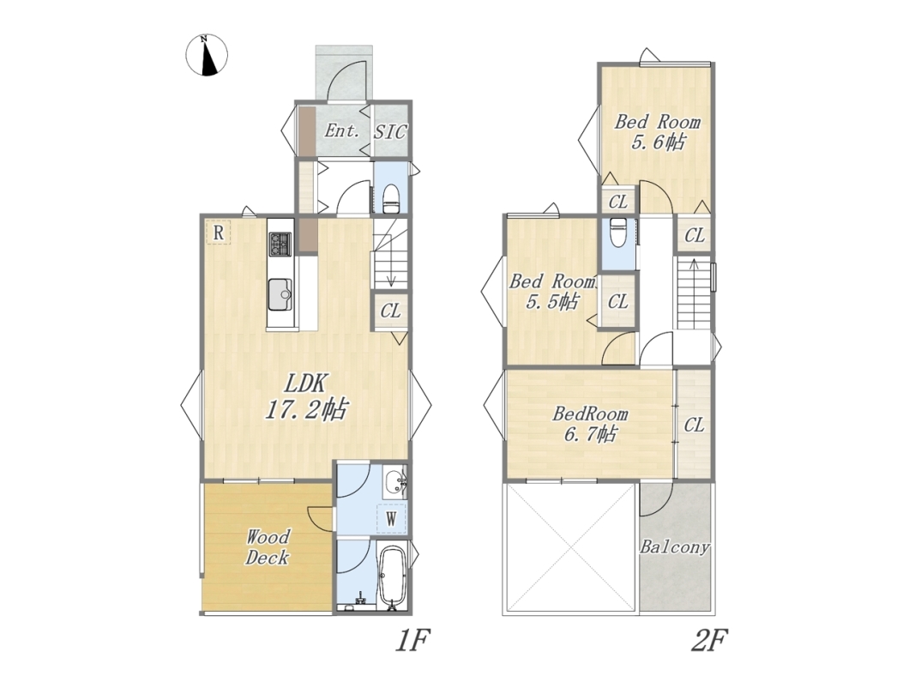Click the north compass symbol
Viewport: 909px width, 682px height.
[207, 56]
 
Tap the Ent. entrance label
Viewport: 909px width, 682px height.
[342, 130]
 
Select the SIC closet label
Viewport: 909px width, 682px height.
[390, 131]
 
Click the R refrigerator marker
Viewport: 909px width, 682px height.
[219, 232]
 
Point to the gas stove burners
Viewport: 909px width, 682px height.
[281, 244]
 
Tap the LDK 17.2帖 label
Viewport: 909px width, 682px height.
[305, 396]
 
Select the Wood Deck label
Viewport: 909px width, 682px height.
[268, 546]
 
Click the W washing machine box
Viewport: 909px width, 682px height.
[391, 518]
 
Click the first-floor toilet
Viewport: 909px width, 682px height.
[391, 199]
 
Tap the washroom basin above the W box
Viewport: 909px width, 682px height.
[395, 482]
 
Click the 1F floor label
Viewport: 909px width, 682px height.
[412, 642]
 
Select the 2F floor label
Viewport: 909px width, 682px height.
[709, 642]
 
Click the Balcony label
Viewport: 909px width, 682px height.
[675, 546]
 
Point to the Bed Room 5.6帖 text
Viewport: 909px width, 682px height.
[658, 132]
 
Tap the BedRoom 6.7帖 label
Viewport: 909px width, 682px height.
[590, 424]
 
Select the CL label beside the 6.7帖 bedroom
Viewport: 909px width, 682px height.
[694, 425]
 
